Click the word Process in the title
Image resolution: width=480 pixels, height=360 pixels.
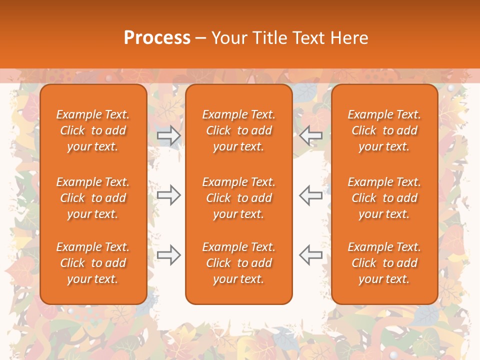tap(157, 38)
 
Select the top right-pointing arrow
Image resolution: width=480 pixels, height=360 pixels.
tap(168, 135)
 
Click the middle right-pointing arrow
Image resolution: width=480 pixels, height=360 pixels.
tap(168, 194)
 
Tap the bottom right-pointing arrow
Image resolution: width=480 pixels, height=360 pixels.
tap(168, 255)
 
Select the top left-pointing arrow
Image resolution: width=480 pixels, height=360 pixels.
tap(310, 135)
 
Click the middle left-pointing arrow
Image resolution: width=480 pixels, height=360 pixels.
tap(310, 194)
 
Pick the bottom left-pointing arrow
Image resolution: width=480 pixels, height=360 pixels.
tap(310, 255)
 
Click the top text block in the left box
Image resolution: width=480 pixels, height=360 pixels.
tap(93, 130)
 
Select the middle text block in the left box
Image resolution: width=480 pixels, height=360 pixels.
tap(93, 198)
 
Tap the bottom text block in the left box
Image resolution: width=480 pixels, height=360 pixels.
tap(93, 263)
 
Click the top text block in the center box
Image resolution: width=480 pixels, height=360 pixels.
tap(238, 130)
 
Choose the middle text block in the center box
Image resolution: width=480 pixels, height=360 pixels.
tap(238, 198)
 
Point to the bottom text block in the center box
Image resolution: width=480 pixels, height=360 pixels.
tap(238, 263)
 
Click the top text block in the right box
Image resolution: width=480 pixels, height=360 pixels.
tap(384, 130)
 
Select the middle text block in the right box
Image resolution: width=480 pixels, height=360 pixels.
tap(384, 198)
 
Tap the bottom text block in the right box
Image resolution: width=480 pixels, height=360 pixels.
tap(384, 263)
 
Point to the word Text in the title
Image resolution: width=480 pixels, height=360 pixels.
tap(309, 38)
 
